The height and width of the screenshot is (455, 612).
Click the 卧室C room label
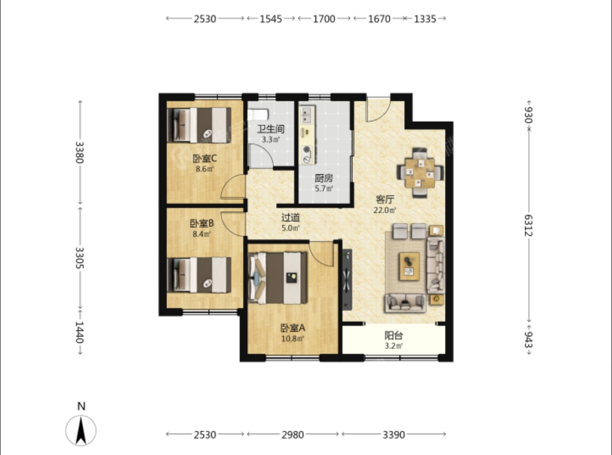coord(205,159)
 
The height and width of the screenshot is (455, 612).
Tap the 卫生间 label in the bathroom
coord(271,129)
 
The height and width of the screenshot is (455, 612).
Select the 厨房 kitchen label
coord(324,178)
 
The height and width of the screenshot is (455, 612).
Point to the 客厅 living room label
coord(385,200)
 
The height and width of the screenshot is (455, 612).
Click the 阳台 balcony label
coord(394,335)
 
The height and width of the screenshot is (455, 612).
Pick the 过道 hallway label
coord(290,218)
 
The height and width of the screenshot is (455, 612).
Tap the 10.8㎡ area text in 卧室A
coord(293,338)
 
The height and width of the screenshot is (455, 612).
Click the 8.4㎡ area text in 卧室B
coord(202,234)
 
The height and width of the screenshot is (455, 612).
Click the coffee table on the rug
coord(410,266)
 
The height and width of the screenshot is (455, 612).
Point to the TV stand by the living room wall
coord(347,280)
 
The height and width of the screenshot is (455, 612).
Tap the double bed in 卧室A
coord(278,278)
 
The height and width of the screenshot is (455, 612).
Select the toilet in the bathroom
coord(258,114)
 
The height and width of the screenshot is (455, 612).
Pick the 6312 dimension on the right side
coord(529,225)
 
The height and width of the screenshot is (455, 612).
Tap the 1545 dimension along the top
coord(271,19)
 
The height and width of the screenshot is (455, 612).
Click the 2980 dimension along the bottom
coord(293,435)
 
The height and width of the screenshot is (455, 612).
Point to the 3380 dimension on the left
coord(80,153)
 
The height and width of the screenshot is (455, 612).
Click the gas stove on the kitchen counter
coord(307,155)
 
